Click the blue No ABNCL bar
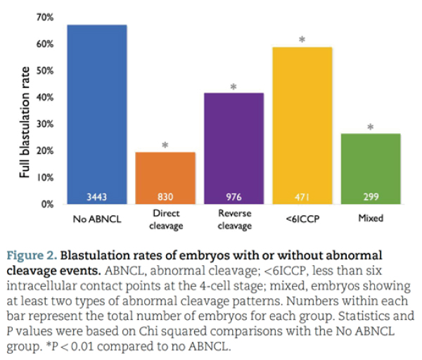pos(97,112)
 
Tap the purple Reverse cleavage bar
pos(234,144)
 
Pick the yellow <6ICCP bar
pos(302,123)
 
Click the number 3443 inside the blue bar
pos(97,197)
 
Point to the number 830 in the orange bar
pos(165,197)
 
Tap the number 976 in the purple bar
pos(234,197)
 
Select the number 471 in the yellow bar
pos(302,197)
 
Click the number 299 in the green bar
pos(370,197)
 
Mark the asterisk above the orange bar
pos(165,146)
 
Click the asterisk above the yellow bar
pos(302,40)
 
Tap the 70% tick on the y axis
pos(45,17)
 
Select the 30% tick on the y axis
pos(45,124)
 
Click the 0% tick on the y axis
pos(48,204)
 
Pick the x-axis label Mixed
pos(370,219)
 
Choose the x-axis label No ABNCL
pos(97,219)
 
